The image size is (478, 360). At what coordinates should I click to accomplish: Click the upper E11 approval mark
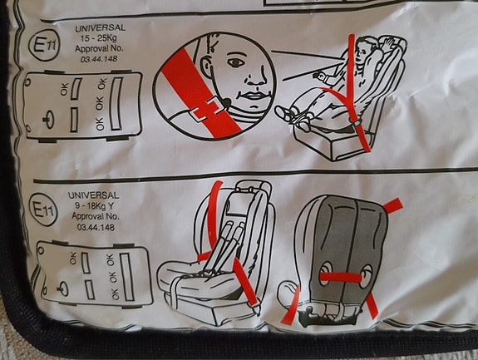click(44, 46)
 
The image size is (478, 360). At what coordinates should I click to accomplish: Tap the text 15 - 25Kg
click(98, 39)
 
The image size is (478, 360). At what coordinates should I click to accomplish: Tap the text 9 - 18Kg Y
click(94, 206)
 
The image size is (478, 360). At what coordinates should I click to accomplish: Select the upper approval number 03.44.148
click(99, 59)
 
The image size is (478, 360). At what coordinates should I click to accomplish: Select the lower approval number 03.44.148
click(96, 227)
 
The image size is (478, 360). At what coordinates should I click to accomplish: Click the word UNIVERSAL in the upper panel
click(101, 28)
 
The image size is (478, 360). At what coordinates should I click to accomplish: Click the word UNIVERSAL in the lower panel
click(94, 195)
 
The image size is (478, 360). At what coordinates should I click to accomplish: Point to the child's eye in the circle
click(235, 62)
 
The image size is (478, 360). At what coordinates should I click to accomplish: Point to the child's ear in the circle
click(208, 67)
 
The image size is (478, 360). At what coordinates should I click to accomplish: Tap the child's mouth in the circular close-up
click(253, 96)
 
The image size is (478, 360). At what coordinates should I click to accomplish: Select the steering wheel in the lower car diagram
click(63, 288)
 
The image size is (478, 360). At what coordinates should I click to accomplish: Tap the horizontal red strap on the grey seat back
click(341, 278)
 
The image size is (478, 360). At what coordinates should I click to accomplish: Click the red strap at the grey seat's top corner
click(393, 205)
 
